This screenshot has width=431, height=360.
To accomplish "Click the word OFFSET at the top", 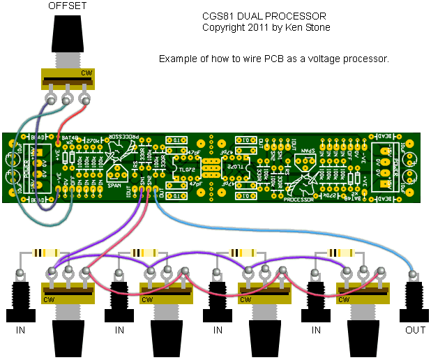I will pos(68,6).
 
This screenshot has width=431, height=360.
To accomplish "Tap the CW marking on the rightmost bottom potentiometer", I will pos(342,300).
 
